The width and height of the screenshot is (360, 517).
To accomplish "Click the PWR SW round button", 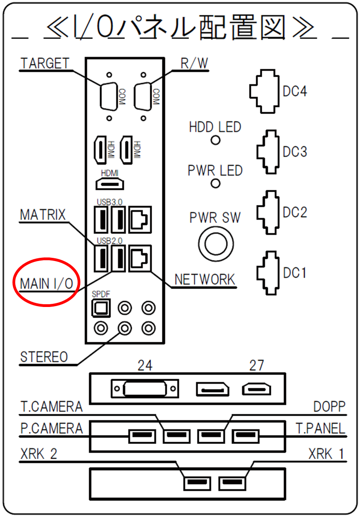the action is [216, 244].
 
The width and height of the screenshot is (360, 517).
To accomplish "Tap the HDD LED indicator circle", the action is [215, 140].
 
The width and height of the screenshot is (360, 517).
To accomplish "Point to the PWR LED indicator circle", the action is [215, 183].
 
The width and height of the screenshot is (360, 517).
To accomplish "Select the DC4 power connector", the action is [264, 91].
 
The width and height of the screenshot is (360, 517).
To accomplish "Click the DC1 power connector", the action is [268, 273].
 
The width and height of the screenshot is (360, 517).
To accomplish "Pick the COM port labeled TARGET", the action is [109, 97].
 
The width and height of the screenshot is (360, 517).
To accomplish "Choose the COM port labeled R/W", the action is [143, 97].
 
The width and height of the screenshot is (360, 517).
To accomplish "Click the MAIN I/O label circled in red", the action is [46, 284].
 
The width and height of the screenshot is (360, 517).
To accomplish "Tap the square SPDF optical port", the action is [101, 309].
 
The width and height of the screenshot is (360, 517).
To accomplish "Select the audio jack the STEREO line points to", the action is [125, 328].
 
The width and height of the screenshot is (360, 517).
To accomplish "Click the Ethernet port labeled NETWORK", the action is [140, 258].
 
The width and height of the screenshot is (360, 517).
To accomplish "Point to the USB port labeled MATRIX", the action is [101, 258].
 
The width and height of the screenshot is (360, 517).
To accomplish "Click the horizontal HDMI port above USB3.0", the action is [110, 183].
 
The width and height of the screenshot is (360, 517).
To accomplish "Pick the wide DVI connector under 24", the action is [145, 389].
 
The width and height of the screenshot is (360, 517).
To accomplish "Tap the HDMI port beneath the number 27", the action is [256, 389].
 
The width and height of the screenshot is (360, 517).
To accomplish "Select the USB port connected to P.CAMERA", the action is [142, 436].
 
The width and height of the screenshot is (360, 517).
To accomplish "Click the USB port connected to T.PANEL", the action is [245, 436].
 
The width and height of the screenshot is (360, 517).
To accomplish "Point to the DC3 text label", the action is [295, 152].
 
